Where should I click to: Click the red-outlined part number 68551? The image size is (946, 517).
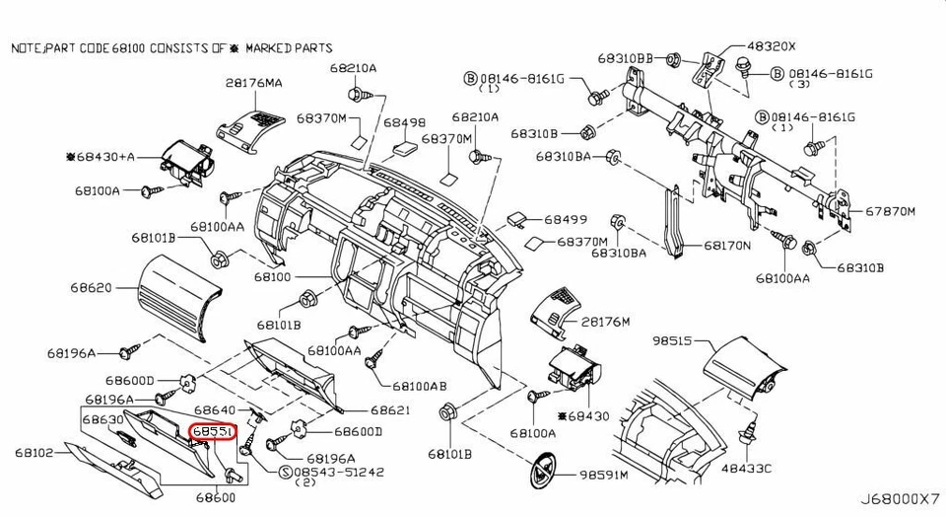click(213, 432)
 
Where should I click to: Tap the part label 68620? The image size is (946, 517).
click(91, 288)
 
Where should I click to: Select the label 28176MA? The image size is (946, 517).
click(253, 84)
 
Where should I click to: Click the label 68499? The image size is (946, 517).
click(566, 219)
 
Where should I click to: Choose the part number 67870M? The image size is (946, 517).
click(891, 211)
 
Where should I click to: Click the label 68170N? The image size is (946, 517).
click(727, 245)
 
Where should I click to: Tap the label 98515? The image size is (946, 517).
click(675, 340)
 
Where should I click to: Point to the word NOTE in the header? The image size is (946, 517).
click(26, 47)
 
